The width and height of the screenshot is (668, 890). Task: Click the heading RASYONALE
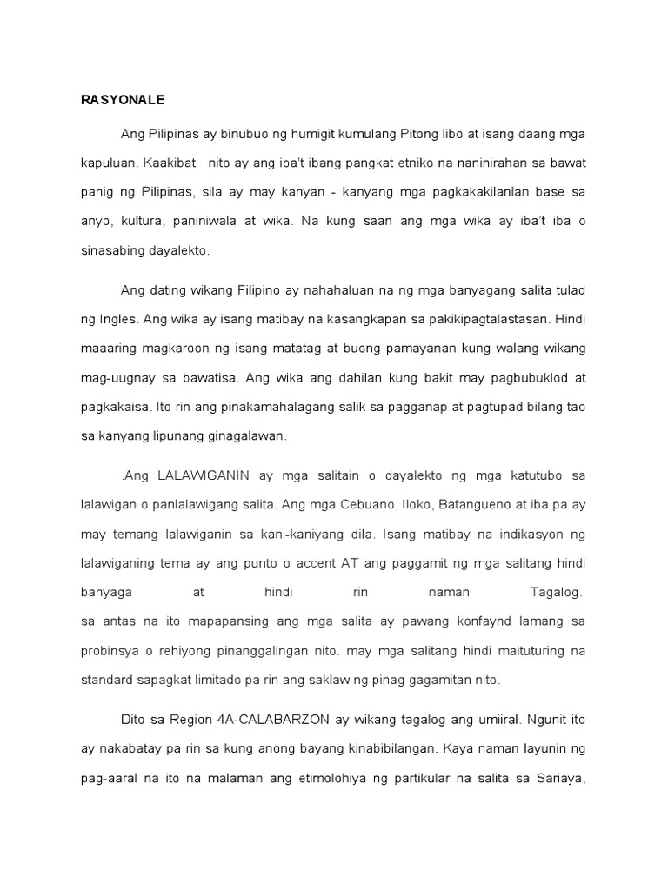(123, 101)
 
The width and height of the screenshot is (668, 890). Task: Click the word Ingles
(121, 319)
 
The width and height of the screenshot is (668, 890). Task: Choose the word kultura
(144, 221)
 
